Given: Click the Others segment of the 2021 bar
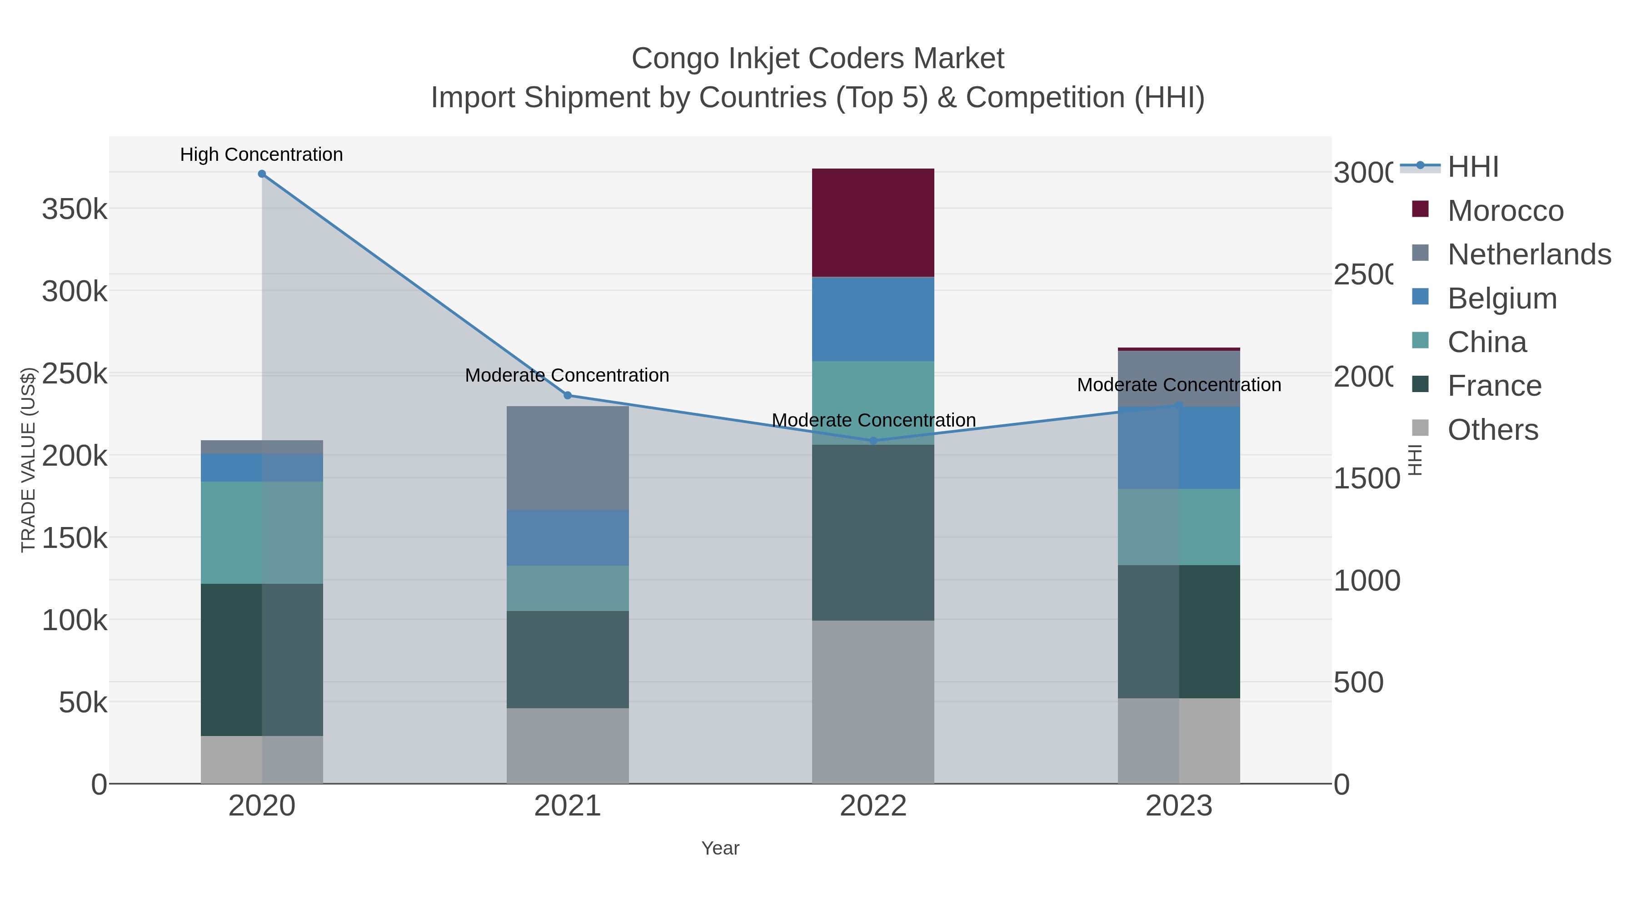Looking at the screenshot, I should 567,746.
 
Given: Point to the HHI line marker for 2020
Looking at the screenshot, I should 262,174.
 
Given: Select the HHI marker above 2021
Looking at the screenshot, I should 568,395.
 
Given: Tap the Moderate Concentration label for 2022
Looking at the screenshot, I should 873,420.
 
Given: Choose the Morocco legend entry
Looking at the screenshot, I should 1505,210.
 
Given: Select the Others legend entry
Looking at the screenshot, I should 1492,430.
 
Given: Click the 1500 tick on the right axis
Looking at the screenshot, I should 1366,477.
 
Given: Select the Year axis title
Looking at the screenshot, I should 720,848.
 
